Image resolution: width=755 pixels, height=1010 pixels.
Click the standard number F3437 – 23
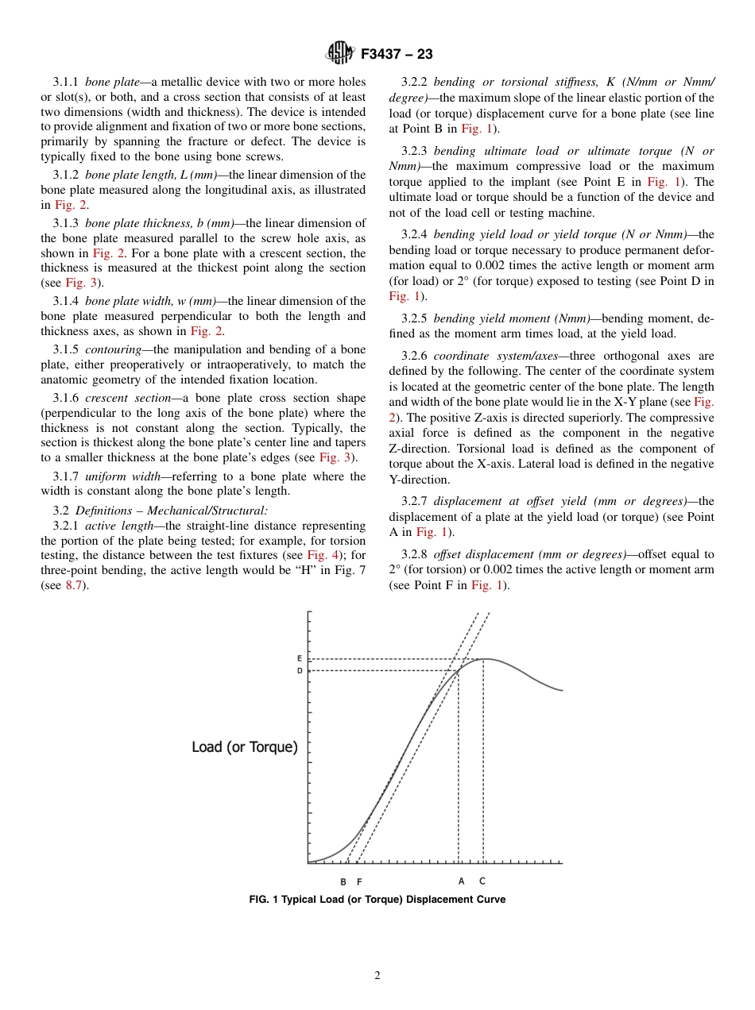[x=397, y=55]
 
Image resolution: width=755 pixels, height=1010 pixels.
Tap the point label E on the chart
[x=300, y=659]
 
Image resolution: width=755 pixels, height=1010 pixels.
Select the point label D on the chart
[x=300, y=671]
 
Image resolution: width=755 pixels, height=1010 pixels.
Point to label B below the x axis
[x=343, y=881]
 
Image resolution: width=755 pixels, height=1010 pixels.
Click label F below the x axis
[x=359, y=881]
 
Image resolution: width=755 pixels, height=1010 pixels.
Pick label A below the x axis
[x=461, y=881]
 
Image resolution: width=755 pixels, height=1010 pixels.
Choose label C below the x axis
[x=482, y=881]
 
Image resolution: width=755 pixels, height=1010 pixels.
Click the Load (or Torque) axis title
[x=245, y=747]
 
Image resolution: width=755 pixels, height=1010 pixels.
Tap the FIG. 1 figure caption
[x=377, y=900]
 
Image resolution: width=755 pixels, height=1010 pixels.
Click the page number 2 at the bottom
[x=377, y=976]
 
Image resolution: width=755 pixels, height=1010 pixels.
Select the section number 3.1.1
[x=66, y=82]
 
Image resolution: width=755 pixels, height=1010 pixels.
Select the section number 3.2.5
[x=415, y=318]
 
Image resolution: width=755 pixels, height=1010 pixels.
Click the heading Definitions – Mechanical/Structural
[x=171, y=511]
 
